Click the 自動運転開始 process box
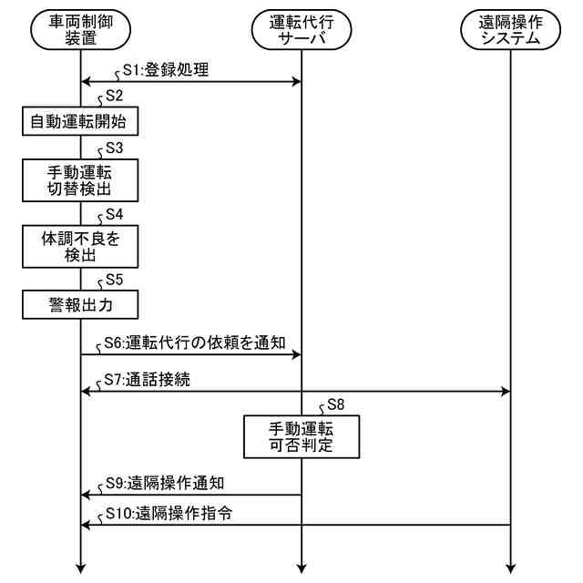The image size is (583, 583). click(x=80, y=120)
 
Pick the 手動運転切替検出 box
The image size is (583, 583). click(x=80, y=180)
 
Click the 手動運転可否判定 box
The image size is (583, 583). click(x=301, y=436)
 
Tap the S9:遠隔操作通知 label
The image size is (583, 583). click(x=172, y=482)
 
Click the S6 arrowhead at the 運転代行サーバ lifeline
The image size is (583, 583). click(x=295, y=356)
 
